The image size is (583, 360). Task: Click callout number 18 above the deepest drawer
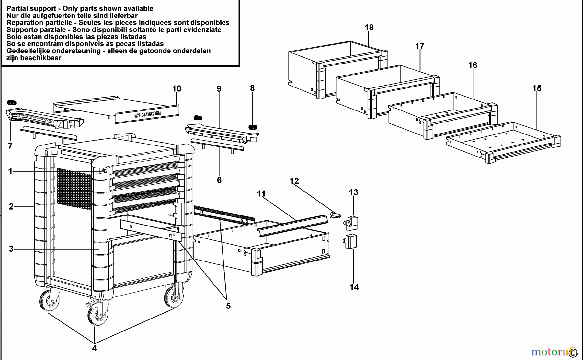(369, 28)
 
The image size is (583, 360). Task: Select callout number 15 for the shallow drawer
(537, 88)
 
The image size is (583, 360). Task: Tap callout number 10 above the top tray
(177, 89)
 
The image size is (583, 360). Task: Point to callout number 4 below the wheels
(94, 348)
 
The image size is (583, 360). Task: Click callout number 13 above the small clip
(353, 192)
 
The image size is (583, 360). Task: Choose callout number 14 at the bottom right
(354, 287)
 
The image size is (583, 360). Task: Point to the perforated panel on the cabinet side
(74, 189)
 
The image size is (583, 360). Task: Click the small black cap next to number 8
(252, 127)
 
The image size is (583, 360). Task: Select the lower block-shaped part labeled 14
(350, 241)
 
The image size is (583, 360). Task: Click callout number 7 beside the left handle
(10, 146)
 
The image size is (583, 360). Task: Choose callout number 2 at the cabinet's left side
(11, 207)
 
